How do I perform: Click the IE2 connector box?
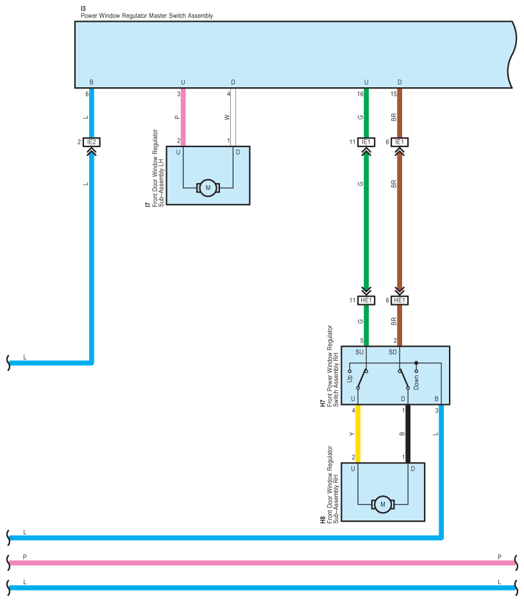[x=92, y=142]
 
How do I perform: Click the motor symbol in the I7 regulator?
[x=208, y=187]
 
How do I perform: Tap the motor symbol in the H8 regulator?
[x=383, y=504]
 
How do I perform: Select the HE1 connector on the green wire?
[x=366, y=300]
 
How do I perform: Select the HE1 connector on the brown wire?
[x=400, y=300]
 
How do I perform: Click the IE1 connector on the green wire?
[x=366, y=142]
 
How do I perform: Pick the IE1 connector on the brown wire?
[x=400, y=142]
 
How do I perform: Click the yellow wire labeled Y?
[x=357, y=433]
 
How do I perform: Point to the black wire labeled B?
[x=408, y=433]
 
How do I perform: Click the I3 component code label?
[x=83, y=8]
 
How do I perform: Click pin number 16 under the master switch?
[x=360, y=94]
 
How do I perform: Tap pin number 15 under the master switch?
[x=393, y=94]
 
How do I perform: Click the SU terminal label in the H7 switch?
[x=359, y=352]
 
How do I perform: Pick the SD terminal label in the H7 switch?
[x=393, y=352]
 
